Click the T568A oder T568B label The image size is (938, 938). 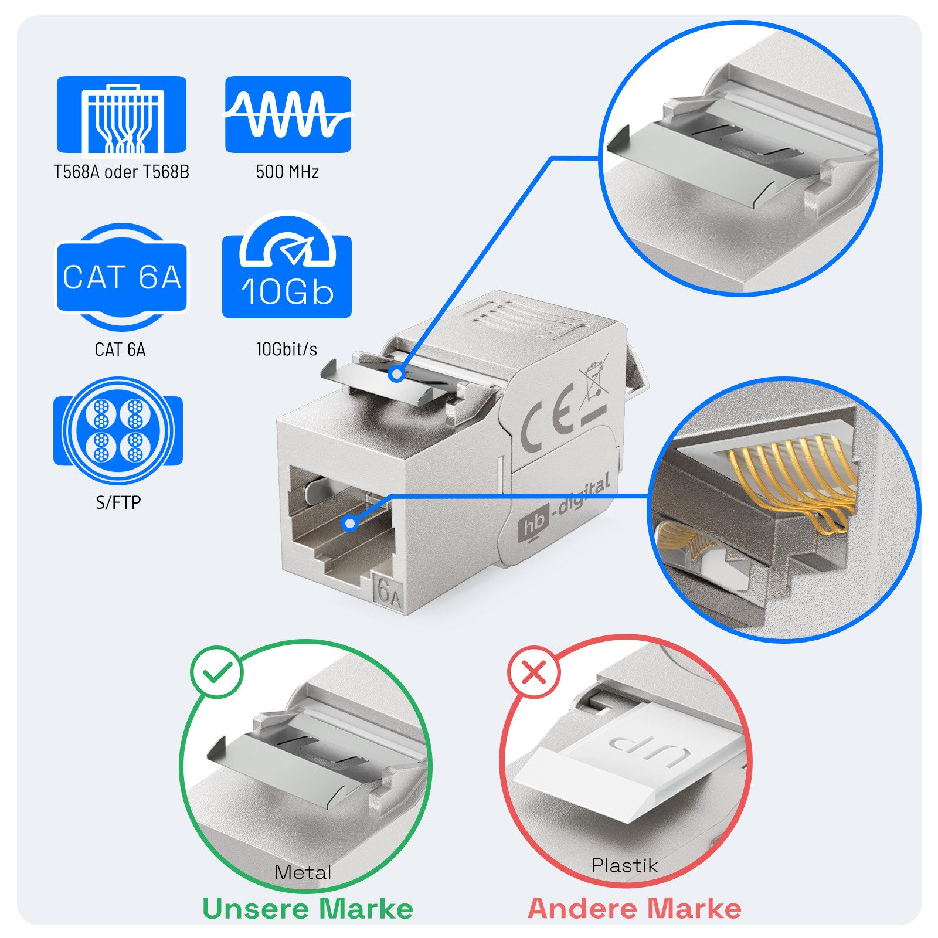point(121,172)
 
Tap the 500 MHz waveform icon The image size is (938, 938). point(288,114)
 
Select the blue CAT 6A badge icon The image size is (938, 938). point(121,277)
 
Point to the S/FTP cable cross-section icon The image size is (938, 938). point(118,431)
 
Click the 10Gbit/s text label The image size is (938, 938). point(287,349)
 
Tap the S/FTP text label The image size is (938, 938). point(118,502)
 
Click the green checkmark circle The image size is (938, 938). point(216,672)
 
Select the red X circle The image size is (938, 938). point(533,672)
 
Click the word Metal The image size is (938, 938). point(303,872)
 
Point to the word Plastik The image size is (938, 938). point(624,865)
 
